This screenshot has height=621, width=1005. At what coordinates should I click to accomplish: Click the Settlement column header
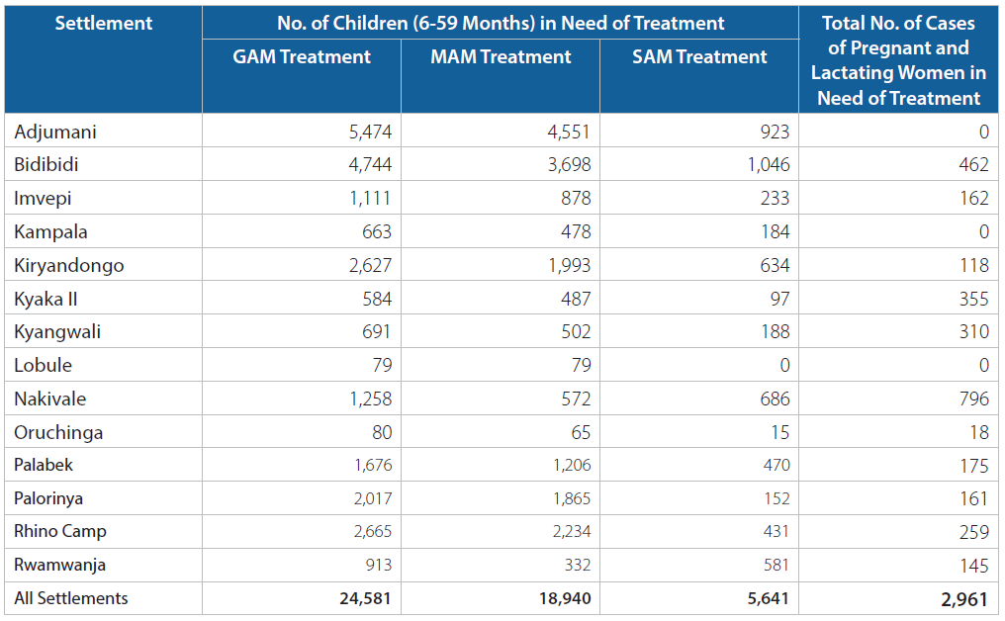coord(103,23)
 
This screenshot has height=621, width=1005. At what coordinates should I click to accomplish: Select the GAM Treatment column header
coord(302,56)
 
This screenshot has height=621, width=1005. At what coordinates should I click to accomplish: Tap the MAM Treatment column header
coord(501,56)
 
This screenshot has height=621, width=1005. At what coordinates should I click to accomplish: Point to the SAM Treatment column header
coord(699,56)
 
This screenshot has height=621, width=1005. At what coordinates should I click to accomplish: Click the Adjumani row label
coord(55,133)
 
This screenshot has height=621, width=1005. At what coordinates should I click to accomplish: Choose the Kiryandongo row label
coord(69,265)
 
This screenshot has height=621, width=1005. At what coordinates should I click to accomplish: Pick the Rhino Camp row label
coord(60,531)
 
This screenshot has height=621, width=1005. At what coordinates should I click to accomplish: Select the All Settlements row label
coord(71,598)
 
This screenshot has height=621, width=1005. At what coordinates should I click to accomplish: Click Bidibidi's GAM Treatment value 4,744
coord(370,165)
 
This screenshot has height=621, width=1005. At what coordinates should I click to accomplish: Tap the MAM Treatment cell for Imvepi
coord(576,198)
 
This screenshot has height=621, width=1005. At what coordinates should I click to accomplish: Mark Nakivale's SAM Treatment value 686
coord(775,399)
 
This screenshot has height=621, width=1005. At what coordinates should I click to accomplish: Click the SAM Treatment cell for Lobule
coord(784,365)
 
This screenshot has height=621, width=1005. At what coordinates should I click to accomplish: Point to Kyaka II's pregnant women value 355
coord(974,299)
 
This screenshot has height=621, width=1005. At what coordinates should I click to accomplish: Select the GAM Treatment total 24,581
coord(365,598)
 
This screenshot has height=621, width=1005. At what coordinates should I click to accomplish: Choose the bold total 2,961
coord(964,599)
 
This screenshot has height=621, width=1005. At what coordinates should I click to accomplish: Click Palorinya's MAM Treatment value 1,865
coord(572,498)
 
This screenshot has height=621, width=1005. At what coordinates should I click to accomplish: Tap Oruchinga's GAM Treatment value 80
coord(382,432)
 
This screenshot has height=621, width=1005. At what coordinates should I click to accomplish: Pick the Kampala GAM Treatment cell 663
coord(377,231)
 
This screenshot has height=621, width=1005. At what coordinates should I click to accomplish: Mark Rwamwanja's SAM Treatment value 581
coord(777,565)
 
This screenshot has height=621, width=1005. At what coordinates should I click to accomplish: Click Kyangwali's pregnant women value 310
coord(974,331)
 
